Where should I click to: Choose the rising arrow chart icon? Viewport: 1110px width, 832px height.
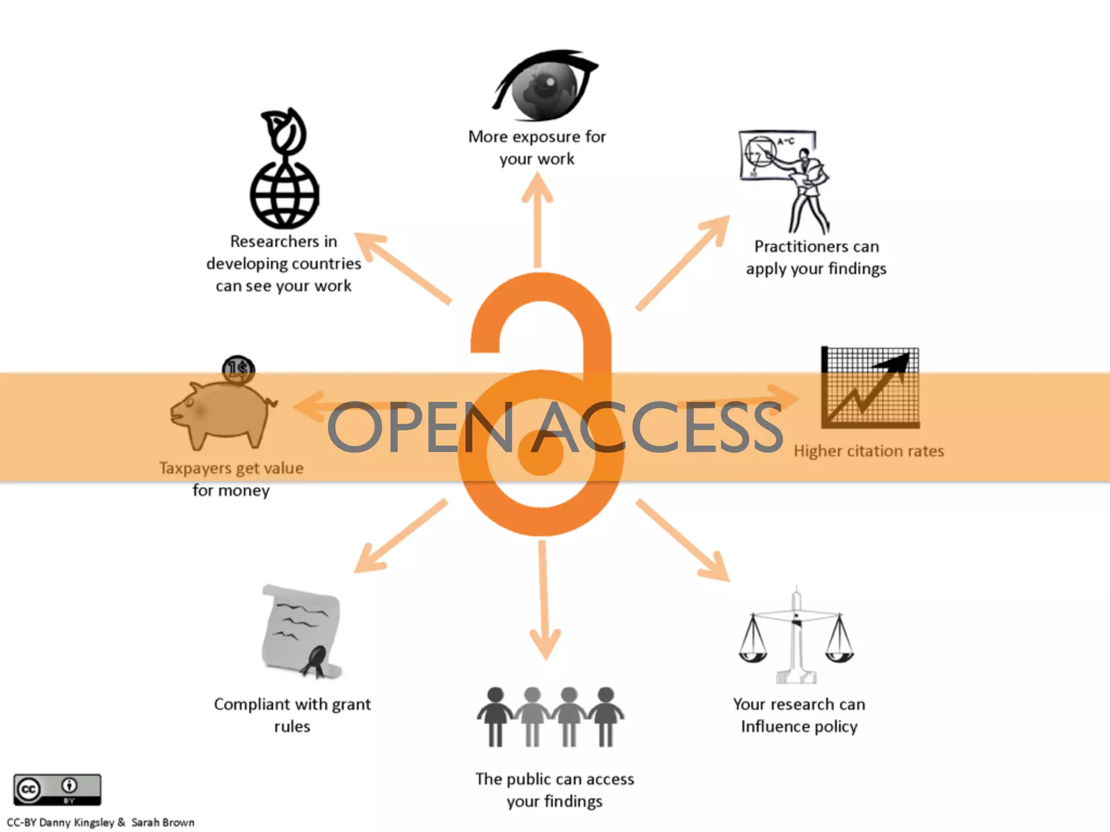(870, 387)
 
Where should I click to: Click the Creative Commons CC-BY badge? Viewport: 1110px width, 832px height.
(57, 789)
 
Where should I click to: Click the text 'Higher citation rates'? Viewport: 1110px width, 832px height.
(869, 451)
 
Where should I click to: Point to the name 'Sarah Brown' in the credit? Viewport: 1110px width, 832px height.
(163, 822)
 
